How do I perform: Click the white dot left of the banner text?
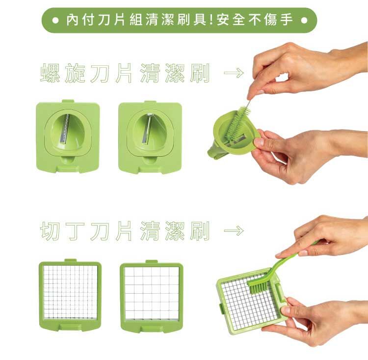pyautogui.click(x=55, y=21)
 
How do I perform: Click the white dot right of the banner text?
pyautogui.click(x=304, y=21)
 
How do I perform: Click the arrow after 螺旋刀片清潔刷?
pyautogui.click(x=234, y=72)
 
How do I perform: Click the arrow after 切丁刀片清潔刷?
pyautogui.click(x=234, y=230)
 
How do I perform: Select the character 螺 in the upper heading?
pyautogui.click(x=50, y=73)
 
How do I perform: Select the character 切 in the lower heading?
pyautogui.click(x=50, y=231)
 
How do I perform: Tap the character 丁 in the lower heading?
pyautogui.click(x=75, y=231)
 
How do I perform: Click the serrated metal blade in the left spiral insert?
pyautogui.click(x=65, y=129)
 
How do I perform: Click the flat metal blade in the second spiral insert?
pyautogui.click(x=147, y=129)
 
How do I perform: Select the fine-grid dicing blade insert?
pyautogui.click(x=70, y=295)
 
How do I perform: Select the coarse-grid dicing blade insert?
pyautogui.click(x=152, y=297)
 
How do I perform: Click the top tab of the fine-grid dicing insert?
pyautogui.click(x=70, y=261)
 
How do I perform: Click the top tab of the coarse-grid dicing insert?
pyautogui.click(x=152, y=262)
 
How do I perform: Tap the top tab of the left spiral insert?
pyautogui.click(x=68, y=101)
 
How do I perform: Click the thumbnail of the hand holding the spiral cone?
pyautogui.click(x=259, y=142)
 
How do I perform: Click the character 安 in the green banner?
pyautogui.click(x=224, y=20)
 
